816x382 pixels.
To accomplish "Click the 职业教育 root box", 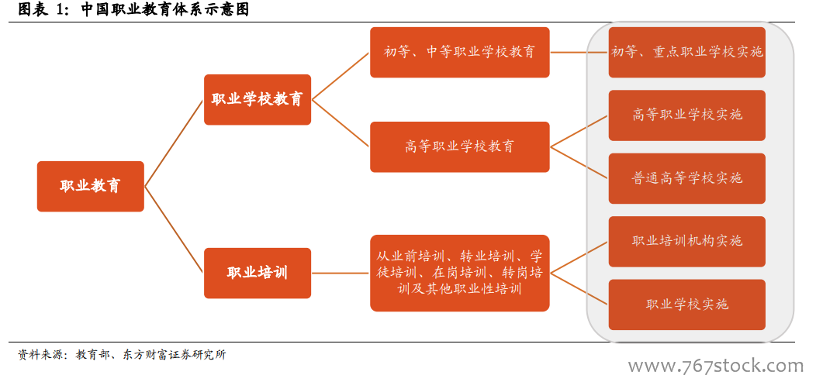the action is pyautogui.click(x=91, y=186).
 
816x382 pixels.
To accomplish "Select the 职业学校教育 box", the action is pyautogui.click(x=258, y=99).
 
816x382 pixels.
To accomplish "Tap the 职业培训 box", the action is pyautogui.click(x=258, y=273).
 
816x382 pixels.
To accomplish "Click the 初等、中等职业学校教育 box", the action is pyautogui.click(x=459, y=53).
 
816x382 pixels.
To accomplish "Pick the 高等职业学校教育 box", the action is pyautogui.click(x=459, y=146).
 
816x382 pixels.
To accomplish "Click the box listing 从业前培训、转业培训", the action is pyautogui.click(x=459, y=273).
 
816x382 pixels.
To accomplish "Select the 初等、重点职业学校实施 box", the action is pyautogui.click(x=687, y=53).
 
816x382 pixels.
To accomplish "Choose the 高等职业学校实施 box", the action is pyautogui.click(x=687, y=115).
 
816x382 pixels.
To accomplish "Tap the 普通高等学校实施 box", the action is pyautogui.click(x=687, y=178).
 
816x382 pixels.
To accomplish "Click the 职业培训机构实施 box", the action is pyautogui.click(x=687, y=241).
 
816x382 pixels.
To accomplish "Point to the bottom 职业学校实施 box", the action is pyautogui.click(x=687, y=305).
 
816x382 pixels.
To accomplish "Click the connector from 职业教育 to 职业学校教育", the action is pyautogui.click(x=174, y=143).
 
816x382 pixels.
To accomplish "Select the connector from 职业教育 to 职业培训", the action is pyautogui.click(x=174, y=229).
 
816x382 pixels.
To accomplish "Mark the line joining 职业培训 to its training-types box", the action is pyautogui.click(x=341, y=273).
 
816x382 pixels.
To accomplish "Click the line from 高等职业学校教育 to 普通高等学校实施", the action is pyautogui.click(x=579, y=163).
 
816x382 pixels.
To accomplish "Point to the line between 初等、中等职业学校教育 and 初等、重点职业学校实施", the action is pyautogui.click(x=579, y=53).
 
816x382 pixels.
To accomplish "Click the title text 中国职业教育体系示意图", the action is pyautogui.click(x=165, y=9).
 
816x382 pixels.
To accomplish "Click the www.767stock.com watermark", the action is pyautogui.click(x=716, y=366).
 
